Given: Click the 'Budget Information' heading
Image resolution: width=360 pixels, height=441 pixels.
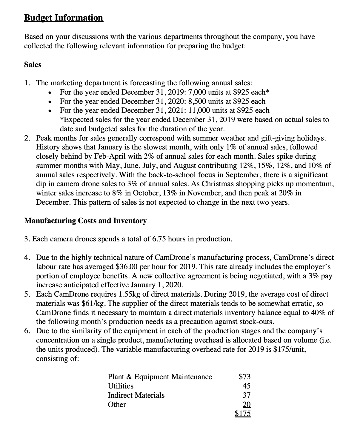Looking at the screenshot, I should point(64,18).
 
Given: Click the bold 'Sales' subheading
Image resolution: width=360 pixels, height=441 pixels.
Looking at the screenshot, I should point(33,64).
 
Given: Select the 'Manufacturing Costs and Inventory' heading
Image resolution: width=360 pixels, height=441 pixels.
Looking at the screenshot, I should point(85,221).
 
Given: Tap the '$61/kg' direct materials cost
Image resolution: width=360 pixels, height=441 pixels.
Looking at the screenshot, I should point(91,303).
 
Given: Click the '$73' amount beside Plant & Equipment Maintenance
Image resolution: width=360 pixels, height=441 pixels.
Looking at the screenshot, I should point(245,377).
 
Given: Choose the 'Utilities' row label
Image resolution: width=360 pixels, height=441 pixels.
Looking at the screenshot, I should point(121,386).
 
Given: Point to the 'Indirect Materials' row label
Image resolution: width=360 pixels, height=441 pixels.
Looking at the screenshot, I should point(136,395).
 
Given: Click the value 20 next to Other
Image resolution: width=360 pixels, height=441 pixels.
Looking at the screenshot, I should point(247,404).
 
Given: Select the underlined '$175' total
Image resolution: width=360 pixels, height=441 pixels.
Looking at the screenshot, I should point(243,414).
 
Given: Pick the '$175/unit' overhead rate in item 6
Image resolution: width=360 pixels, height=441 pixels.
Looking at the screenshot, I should point(290,349).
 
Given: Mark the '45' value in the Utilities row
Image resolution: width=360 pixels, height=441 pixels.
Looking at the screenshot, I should point(247,386).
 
